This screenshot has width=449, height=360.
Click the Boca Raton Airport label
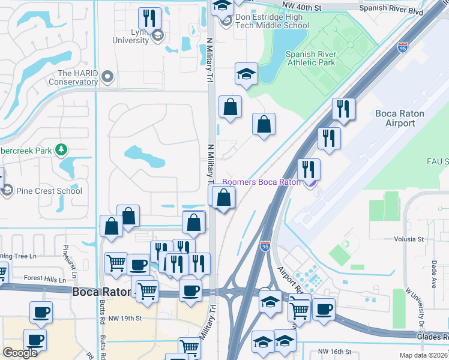[x=399, y=118]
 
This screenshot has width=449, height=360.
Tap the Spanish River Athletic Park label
[x=310, y=58]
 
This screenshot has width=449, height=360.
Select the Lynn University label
[x=131, y=35]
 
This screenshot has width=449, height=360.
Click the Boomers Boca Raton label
[x=261, y=182]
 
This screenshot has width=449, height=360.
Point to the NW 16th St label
[x=334, y=351]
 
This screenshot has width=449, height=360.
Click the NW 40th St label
[x=305, y=7]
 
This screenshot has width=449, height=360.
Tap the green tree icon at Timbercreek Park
[x=60, y=149]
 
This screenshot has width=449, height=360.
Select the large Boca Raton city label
[x=101, y=292]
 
